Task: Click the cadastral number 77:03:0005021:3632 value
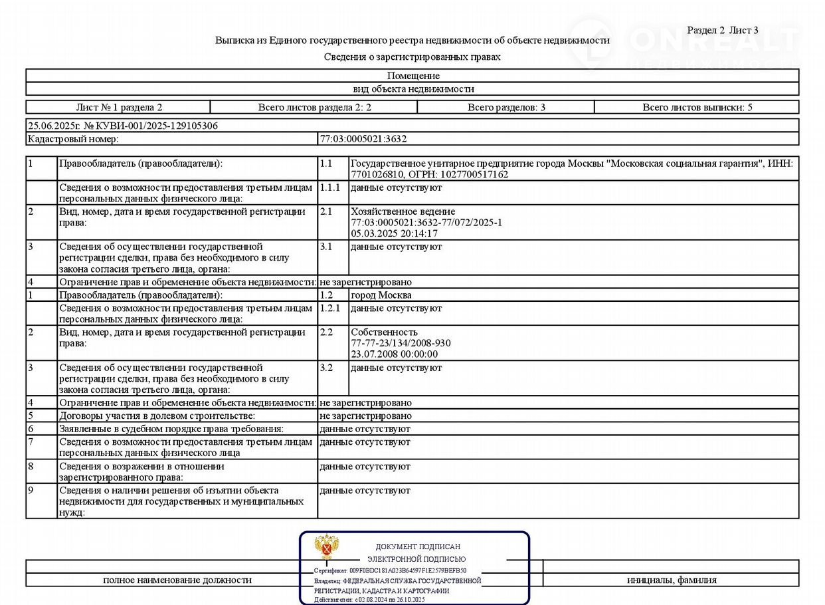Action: pos(363,139)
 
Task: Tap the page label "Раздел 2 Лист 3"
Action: pos(722,30)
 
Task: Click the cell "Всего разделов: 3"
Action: pos(506,107)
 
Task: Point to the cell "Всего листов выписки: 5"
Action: pos(697,107)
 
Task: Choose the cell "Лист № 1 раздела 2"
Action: pos(119,107)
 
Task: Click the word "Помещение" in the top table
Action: pos(412,76)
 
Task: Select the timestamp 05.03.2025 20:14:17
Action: pos(394,233)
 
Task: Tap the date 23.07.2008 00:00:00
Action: pos(394,354)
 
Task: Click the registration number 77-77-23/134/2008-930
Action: pos(401,343)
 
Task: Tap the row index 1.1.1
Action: pos(329,187)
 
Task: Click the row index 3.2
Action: pos(327,368)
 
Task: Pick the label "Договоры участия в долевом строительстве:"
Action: pos(157,416)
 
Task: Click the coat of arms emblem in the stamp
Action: pos(326,547)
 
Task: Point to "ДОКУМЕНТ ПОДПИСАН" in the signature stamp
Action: pos(418,546)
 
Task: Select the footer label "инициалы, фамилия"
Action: pos(672,580)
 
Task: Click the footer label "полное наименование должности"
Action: pos(177,580)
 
